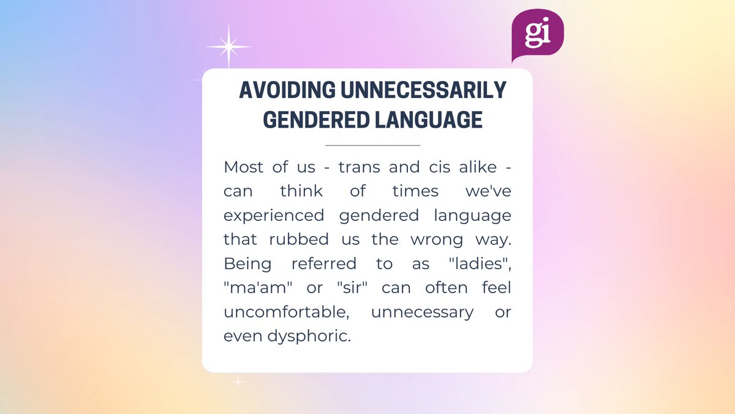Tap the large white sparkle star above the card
click(228, 47)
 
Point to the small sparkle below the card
click(238, 383)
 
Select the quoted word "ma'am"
click(252, 288)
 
